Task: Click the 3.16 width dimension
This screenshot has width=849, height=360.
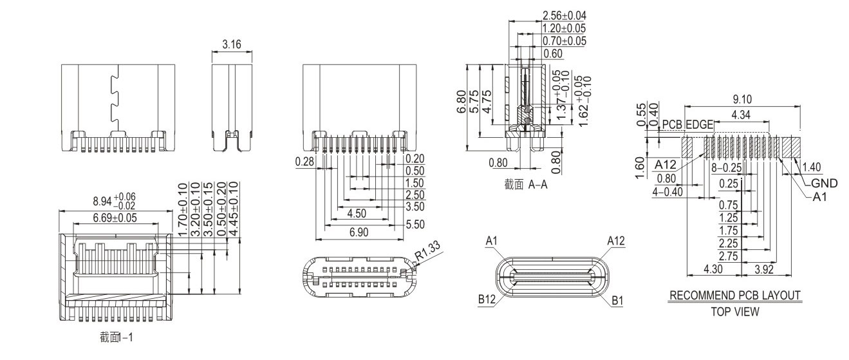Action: tap(232, 45)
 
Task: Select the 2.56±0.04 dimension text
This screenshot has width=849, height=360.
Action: tap(564, 15)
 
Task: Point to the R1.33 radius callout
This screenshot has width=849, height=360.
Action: tap(428, 251)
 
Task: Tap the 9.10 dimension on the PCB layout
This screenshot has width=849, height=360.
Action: tap(742, 99)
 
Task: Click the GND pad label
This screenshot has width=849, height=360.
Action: tap(824, 184)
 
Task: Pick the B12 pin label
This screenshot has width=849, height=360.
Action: tap(487, 299)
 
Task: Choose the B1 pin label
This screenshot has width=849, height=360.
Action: tap(617, 301)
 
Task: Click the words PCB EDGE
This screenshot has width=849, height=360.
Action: tap(687, 125)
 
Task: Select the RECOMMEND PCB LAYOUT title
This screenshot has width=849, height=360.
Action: tap(735, 295)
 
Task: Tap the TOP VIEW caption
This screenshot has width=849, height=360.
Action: tap(735, 312)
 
